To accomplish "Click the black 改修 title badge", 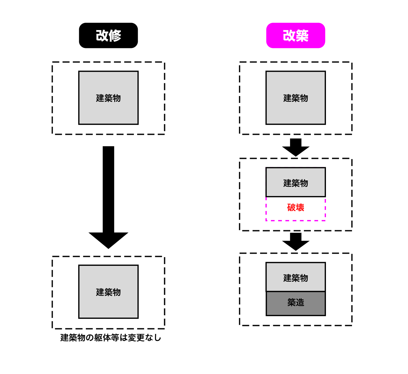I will click(108, 36).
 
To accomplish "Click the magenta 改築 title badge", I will click(295, 36).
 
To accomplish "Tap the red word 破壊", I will click(295, 207).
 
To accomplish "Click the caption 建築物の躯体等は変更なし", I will click(110, 338).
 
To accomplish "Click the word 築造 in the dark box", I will click(295, 303).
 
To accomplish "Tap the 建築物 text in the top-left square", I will click(108, 98).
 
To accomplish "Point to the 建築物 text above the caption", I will click(108, 292).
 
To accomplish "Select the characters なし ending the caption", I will click(153, 338).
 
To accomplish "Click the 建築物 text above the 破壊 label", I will click(295, 183).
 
